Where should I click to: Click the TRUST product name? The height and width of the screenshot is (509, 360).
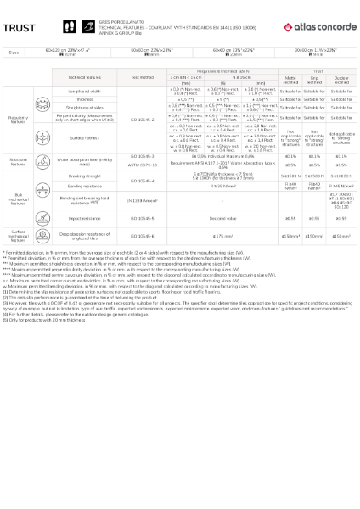point(19,28)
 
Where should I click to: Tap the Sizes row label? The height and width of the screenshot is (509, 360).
point(14,53)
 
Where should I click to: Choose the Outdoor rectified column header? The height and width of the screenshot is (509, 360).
point(342,79)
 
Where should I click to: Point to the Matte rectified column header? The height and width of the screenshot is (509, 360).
point(290,79)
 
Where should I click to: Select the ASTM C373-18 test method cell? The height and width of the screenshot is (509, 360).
point(143,165)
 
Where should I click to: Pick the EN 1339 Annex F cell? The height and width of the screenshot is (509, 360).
point(143,200)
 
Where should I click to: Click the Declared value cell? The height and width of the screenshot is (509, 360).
point(223,218)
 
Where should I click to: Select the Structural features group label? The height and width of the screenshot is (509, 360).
point(18,160)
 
